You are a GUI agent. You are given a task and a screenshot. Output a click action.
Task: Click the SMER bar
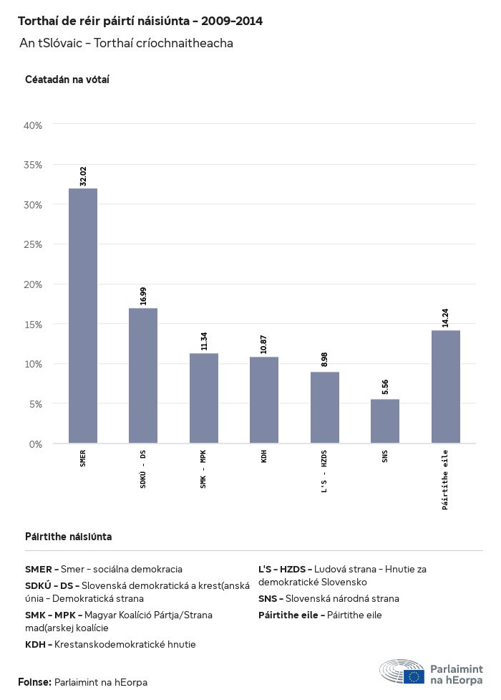tap(83, 315)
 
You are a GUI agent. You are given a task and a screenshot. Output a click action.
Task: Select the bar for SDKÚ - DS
tap(143, 375)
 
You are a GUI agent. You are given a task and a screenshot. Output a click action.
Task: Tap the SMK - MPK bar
tap(204, 398)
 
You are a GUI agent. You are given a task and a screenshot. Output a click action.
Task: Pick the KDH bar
tap(264, 400)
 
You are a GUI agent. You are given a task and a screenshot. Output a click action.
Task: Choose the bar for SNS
tap(385, 421)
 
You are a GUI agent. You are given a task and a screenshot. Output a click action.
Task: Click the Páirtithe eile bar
tap(446, 387)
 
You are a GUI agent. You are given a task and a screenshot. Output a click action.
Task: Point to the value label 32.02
tap(83, 176)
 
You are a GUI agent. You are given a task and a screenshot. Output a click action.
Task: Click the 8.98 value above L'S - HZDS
tap(325, 360)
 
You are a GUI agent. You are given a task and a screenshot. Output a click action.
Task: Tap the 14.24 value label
tap(446, 318)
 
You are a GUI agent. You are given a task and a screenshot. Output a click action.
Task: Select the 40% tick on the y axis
tap(34, 125)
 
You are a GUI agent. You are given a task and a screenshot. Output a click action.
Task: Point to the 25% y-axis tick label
tap(34, 244)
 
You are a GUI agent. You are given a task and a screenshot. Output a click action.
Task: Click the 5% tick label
tap(36, 404)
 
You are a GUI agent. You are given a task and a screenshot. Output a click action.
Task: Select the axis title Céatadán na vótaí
tap(67, 80)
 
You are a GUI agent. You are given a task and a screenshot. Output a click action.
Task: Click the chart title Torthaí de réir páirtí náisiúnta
tap(140, 21)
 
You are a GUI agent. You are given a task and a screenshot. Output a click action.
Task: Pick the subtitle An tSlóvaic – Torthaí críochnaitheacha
tap(126, 44)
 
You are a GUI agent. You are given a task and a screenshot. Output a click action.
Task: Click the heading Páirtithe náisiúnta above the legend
tap(68, 537)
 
